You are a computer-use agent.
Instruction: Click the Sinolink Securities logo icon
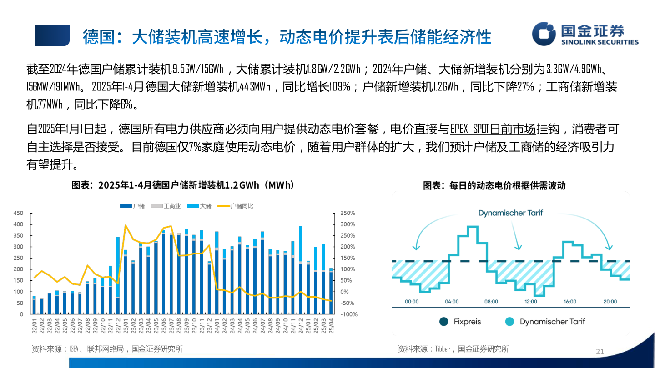click(544, 34)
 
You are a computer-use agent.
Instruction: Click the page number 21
click(600, 351)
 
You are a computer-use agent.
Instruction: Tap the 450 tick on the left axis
click(18, 213)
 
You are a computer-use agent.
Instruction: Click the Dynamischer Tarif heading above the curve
click(510, 213)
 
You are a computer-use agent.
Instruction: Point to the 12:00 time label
click(531, 302)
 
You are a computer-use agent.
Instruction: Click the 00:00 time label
click(412, 302)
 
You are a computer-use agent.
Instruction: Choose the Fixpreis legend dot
click(443, 322)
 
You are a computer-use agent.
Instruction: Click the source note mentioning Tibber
click(453, 349)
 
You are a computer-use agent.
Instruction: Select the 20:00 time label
click(610, 302)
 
